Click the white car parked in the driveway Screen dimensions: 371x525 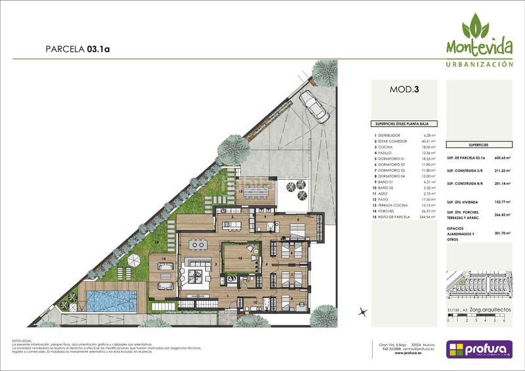pos(314,105)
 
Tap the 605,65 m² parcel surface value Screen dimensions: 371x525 pos(503,158)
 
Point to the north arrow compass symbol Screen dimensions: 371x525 pos(360,312)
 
